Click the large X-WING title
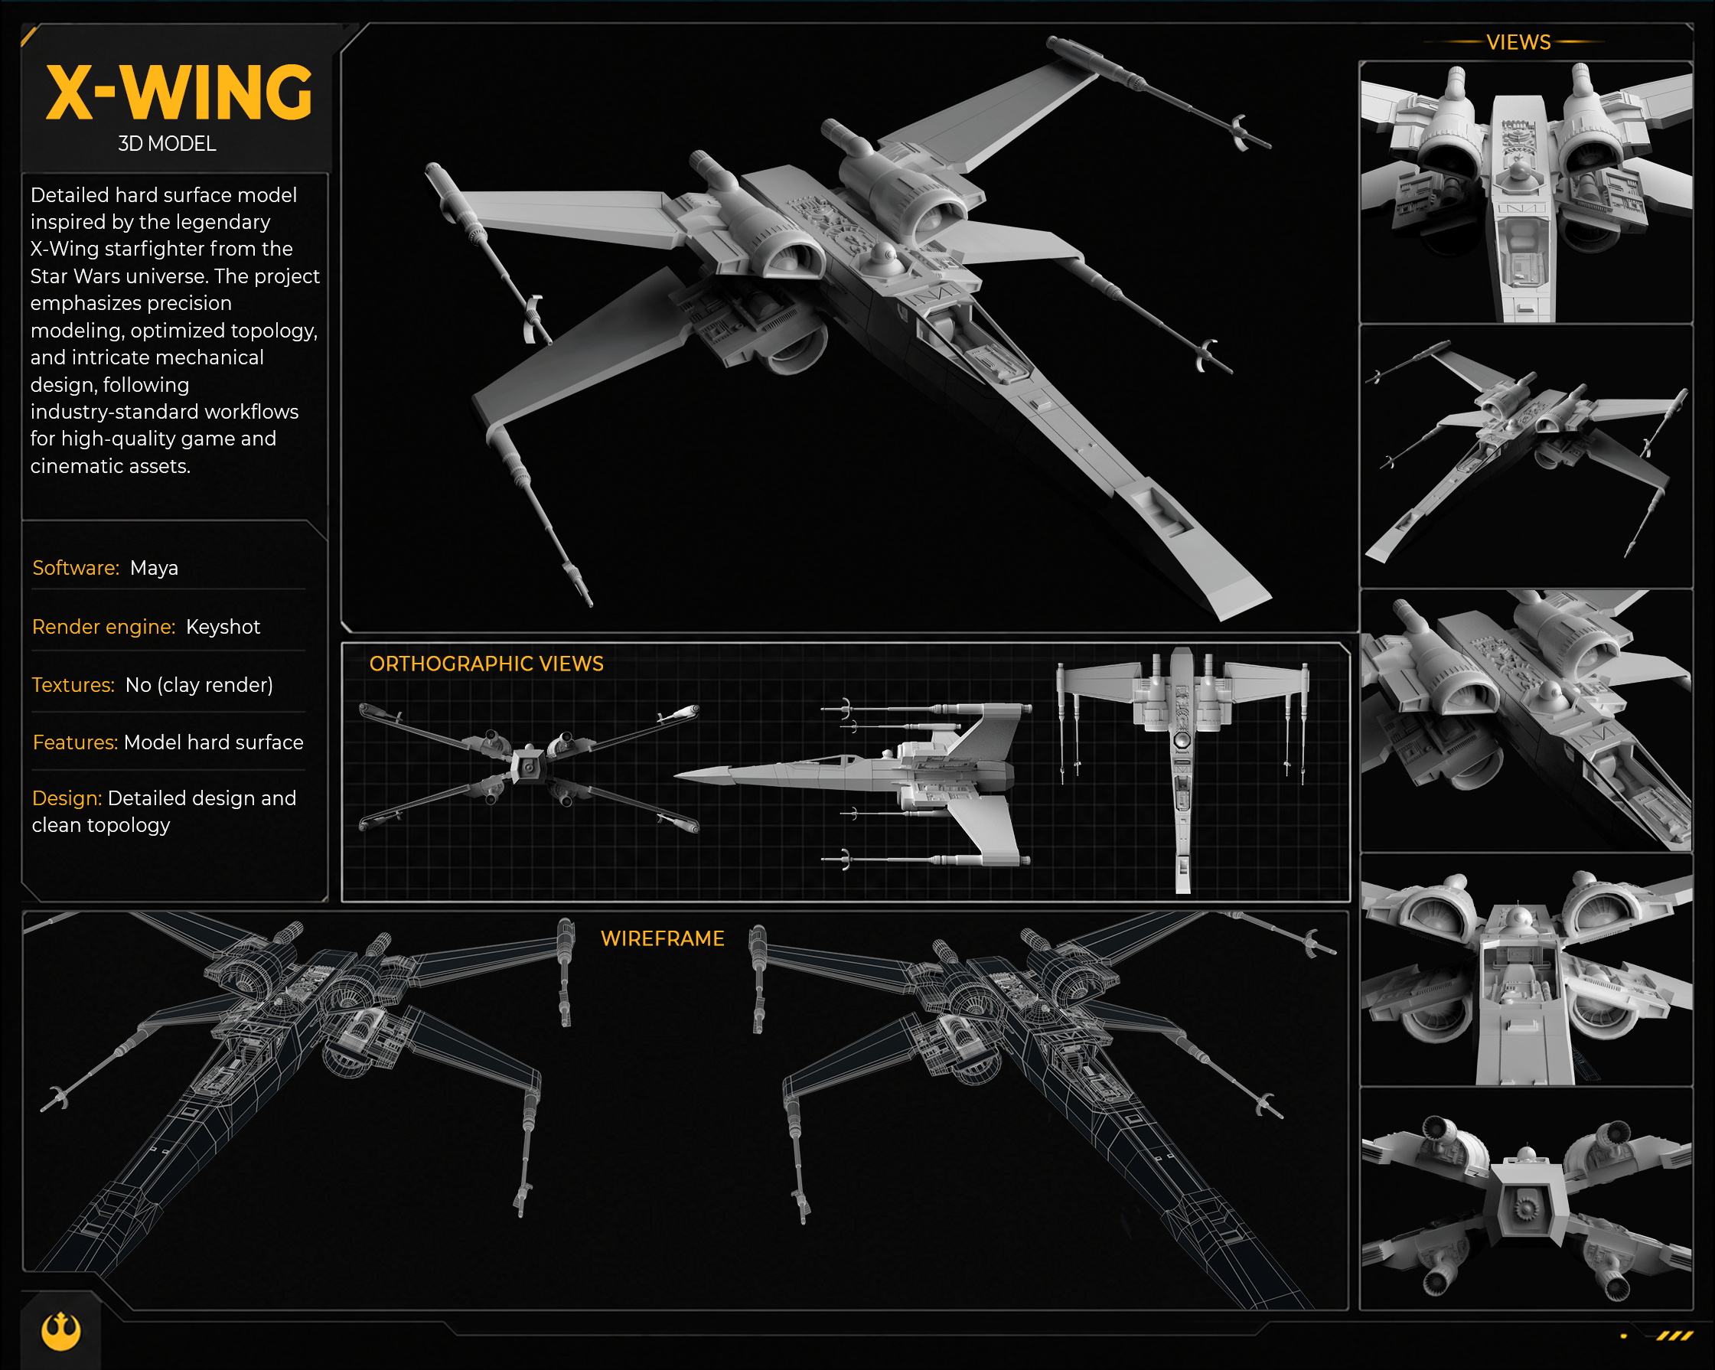point(179,93)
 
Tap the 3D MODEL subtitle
point(167,144)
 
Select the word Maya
point(155,568)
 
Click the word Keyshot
point(223,627)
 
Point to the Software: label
point(76,568)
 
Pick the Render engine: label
point(103,627)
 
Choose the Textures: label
point(73,685)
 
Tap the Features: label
point(75,742)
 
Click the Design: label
point(67,798)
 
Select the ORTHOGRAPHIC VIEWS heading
point(486,664)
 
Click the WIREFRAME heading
point(663,939)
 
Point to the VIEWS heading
point(1518,42)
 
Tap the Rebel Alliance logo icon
point(61,1331)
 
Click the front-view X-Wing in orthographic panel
point(529,767)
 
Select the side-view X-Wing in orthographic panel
point(853,783)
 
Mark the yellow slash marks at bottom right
point(1674,1336)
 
